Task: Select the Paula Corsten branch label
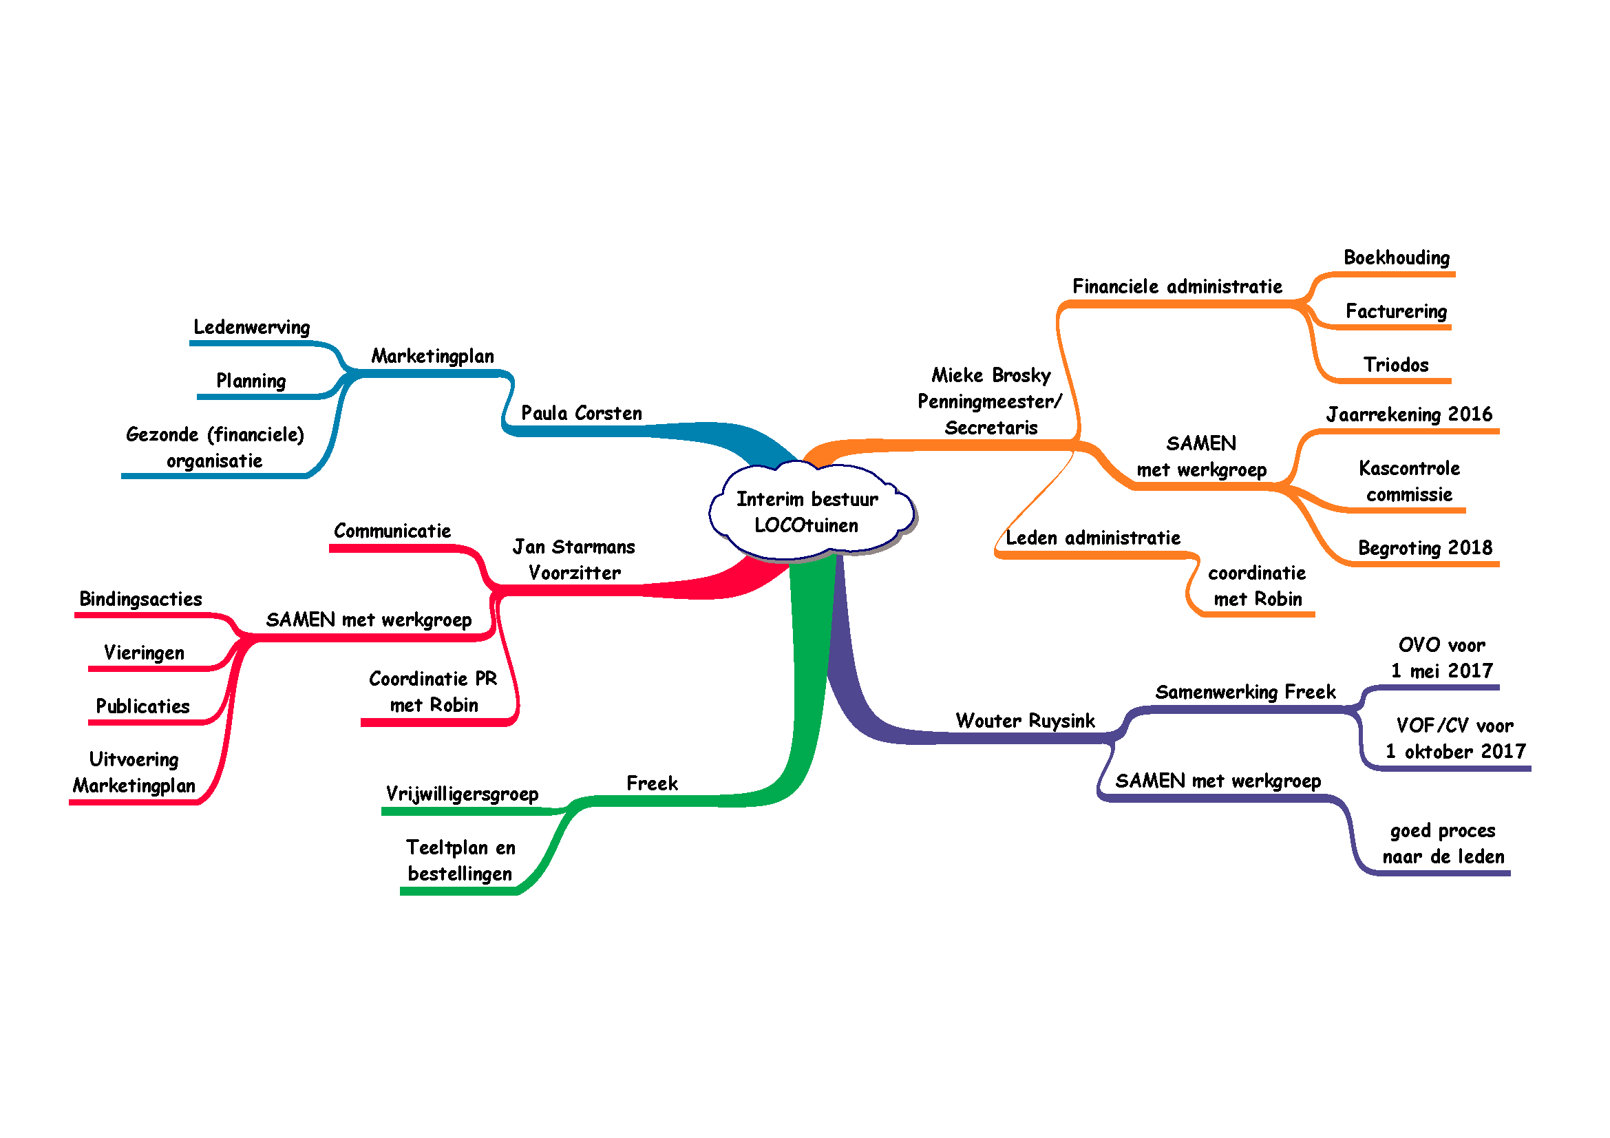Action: (x=582, y=413)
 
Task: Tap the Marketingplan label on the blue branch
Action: (x=433, y=356)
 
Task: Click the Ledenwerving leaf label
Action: (x=252, y=328)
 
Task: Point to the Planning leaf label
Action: (x=251, y=381)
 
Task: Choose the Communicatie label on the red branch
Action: (x=392, y=531)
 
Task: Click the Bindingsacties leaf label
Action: (x=140, y=599)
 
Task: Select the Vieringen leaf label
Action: (x=145, y=653)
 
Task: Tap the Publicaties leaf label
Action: (x=143, y=706)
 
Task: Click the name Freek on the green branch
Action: (x=651, y=783)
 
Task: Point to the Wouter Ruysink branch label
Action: (x=1025, y=721)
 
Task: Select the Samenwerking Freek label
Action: (x=1245, y=692)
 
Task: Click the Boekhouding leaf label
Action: (x=1396, y=257)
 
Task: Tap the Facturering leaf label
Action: (x=1396, y=311)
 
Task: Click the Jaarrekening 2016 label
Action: (x=1409, y=414)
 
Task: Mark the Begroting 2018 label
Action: (x=1425, y=547)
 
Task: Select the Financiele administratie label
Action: (x=1177, y=286)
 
